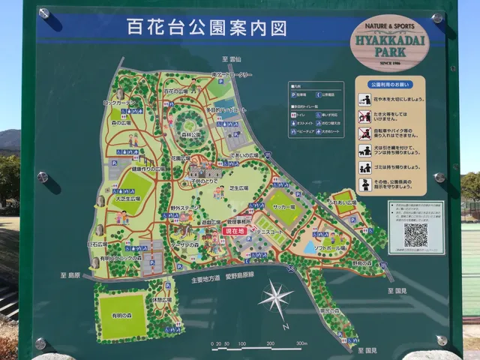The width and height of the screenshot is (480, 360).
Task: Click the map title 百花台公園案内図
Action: pyautogui.click(x=197, y=30)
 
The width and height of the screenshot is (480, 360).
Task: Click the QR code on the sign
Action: pyautogui.click(x=415, y=235)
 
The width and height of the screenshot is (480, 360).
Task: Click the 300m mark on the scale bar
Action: pyautogui.click(x=301, y=343)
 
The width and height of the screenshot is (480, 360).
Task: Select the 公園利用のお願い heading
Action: pyautogui.click(x=388, y=84)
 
